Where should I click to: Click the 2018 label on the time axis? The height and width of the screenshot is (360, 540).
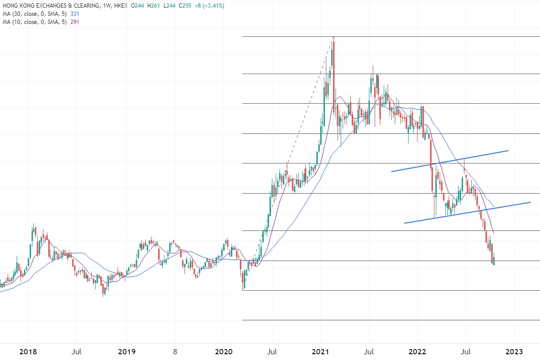(x=28, y=352)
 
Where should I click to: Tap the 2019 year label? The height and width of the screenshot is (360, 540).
(x=127, y=352)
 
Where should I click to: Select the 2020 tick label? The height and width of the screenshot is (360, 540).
(x=225, y=352)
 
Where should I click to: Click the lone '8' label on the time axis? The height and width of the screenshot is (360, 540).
(x=175, y=352)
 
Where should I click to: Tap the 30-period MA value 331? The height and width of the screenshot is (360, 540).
(x=75, y=13)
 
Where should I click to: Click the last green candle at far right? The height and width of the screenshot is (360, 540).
(x=494, y=261)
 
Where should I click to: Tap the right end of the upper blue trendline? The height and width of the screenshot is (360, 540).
(x=508, y=151)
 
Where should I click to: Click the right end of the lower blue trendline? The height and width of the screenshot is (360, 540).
(x=530, y=202)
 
